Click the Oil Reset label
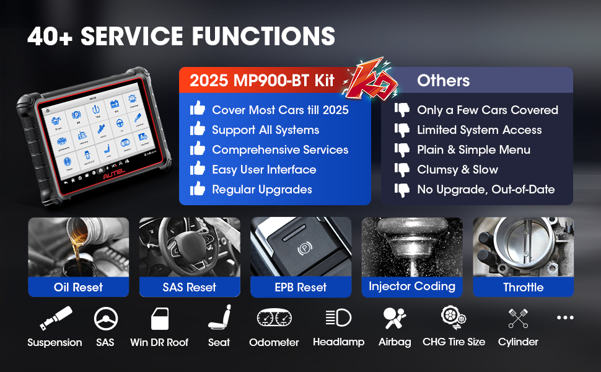[78, 287]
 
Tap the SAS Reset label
[189, 287]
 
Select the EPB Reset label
[300, 287]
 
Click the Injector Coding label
[412, 286]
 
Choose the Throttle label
[523, 287]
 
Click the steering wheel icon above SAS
[105, 319]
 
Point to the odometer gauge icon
[274, 319]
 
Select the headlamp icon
[338, 318]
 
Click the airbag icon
[395, 318]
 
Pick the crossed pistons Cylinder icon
[518, 318]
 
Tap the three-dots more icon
[565, 318]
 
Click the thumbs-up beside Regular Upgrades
[198, 188]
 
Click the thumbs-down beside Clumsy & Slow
[403, 169]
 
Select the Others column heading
[443, 81]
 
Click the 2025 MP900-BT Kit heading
[262, 81]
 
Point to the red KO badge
[367, 79]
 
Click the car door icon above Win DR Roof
[160, 319]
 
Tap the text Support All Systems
[265, 130]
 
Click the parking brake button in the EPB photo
[304, 249]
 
